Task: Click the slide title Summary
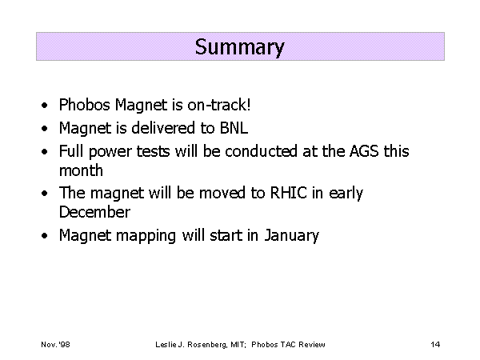(x=240, y=47)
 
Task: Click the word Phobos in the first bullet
(x=85, y=105)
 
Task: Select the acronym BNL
(x=234, y=128)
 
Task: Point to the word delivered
(x=163, y=128)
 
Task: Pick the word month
(x=81, y=170)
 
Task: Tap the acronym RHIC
(x=288, y=193)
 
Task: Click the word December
(x=94, y=212)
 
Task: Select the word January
(x=292, y=235)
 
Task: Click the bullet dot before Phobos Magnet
(x=45, y=106)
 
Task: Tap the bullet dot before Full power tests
(x=45, y=152)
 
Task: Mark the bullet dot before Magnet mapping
(x=45, y=236)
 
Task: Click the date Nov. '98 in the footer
(x=55, y=345)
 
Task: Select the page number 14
(x=435, y=345)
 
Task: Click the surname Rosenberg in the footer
(x=207, y=345)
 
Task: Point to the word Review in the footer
(x=312, y=345)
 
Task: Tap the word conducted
(x=261, y=151)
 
